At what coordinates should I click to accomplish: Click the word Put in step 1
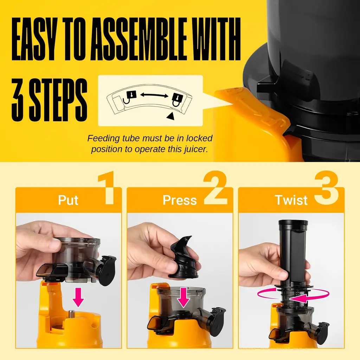(x=68, y=200)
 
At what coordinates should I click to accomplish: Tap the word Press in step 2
(x=180, y=200)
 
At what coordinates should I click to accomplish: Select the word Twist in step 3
(x=291, y=200)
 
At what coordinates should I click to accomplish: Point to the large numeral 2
(x=215, y=187)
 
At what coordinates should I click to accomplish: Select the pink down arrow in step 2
(x=184, y=298)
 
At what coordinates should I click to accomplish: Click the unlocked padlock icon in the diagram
(x=129, y=97)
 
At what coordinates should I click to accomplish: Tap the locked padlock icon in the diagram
(x=177, y=100)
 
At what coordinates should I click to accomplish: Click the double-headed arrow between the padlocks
(x=154, y=95)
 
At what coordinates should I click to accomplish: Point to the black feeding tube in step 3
(x=293, y=252)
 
